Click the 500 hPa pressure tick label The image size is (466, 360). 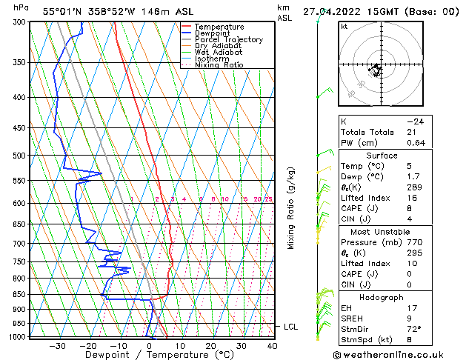coord(19,156)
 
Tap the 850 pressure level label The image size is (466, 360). coord(19,294)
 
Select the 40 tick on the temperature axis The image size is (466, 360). coord(272,345)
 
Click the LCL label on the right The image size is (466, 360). coord(291,327)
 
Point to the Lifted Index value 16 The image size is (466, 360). coord(410,199)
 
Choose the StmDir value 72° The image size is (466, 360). coord(413,330)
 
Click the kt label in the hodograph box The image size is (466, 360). coord(344,26)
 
